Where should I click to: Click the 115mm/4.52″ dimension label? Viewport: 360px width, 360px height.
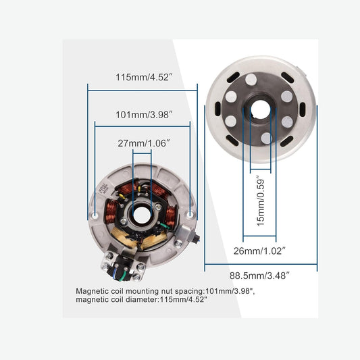tap(142, 77)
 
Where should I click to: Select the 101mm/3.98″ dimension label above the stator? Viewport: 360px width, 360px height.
tap(143, 114)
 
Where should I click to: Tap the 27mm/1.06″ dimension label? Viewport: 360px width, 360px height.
tap(143, 143)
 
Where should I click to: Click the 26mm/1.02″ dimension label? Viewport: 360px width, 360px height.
tap(259, 251)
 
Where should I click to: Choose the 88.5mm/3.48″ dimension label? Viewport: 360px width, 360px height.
tap(260, 276)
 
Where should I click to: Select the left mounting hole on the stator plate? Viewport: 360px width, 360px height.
tap(95, 215)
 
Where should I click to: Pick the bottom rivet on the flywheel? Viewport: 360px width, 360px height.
tap(267, 138)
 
